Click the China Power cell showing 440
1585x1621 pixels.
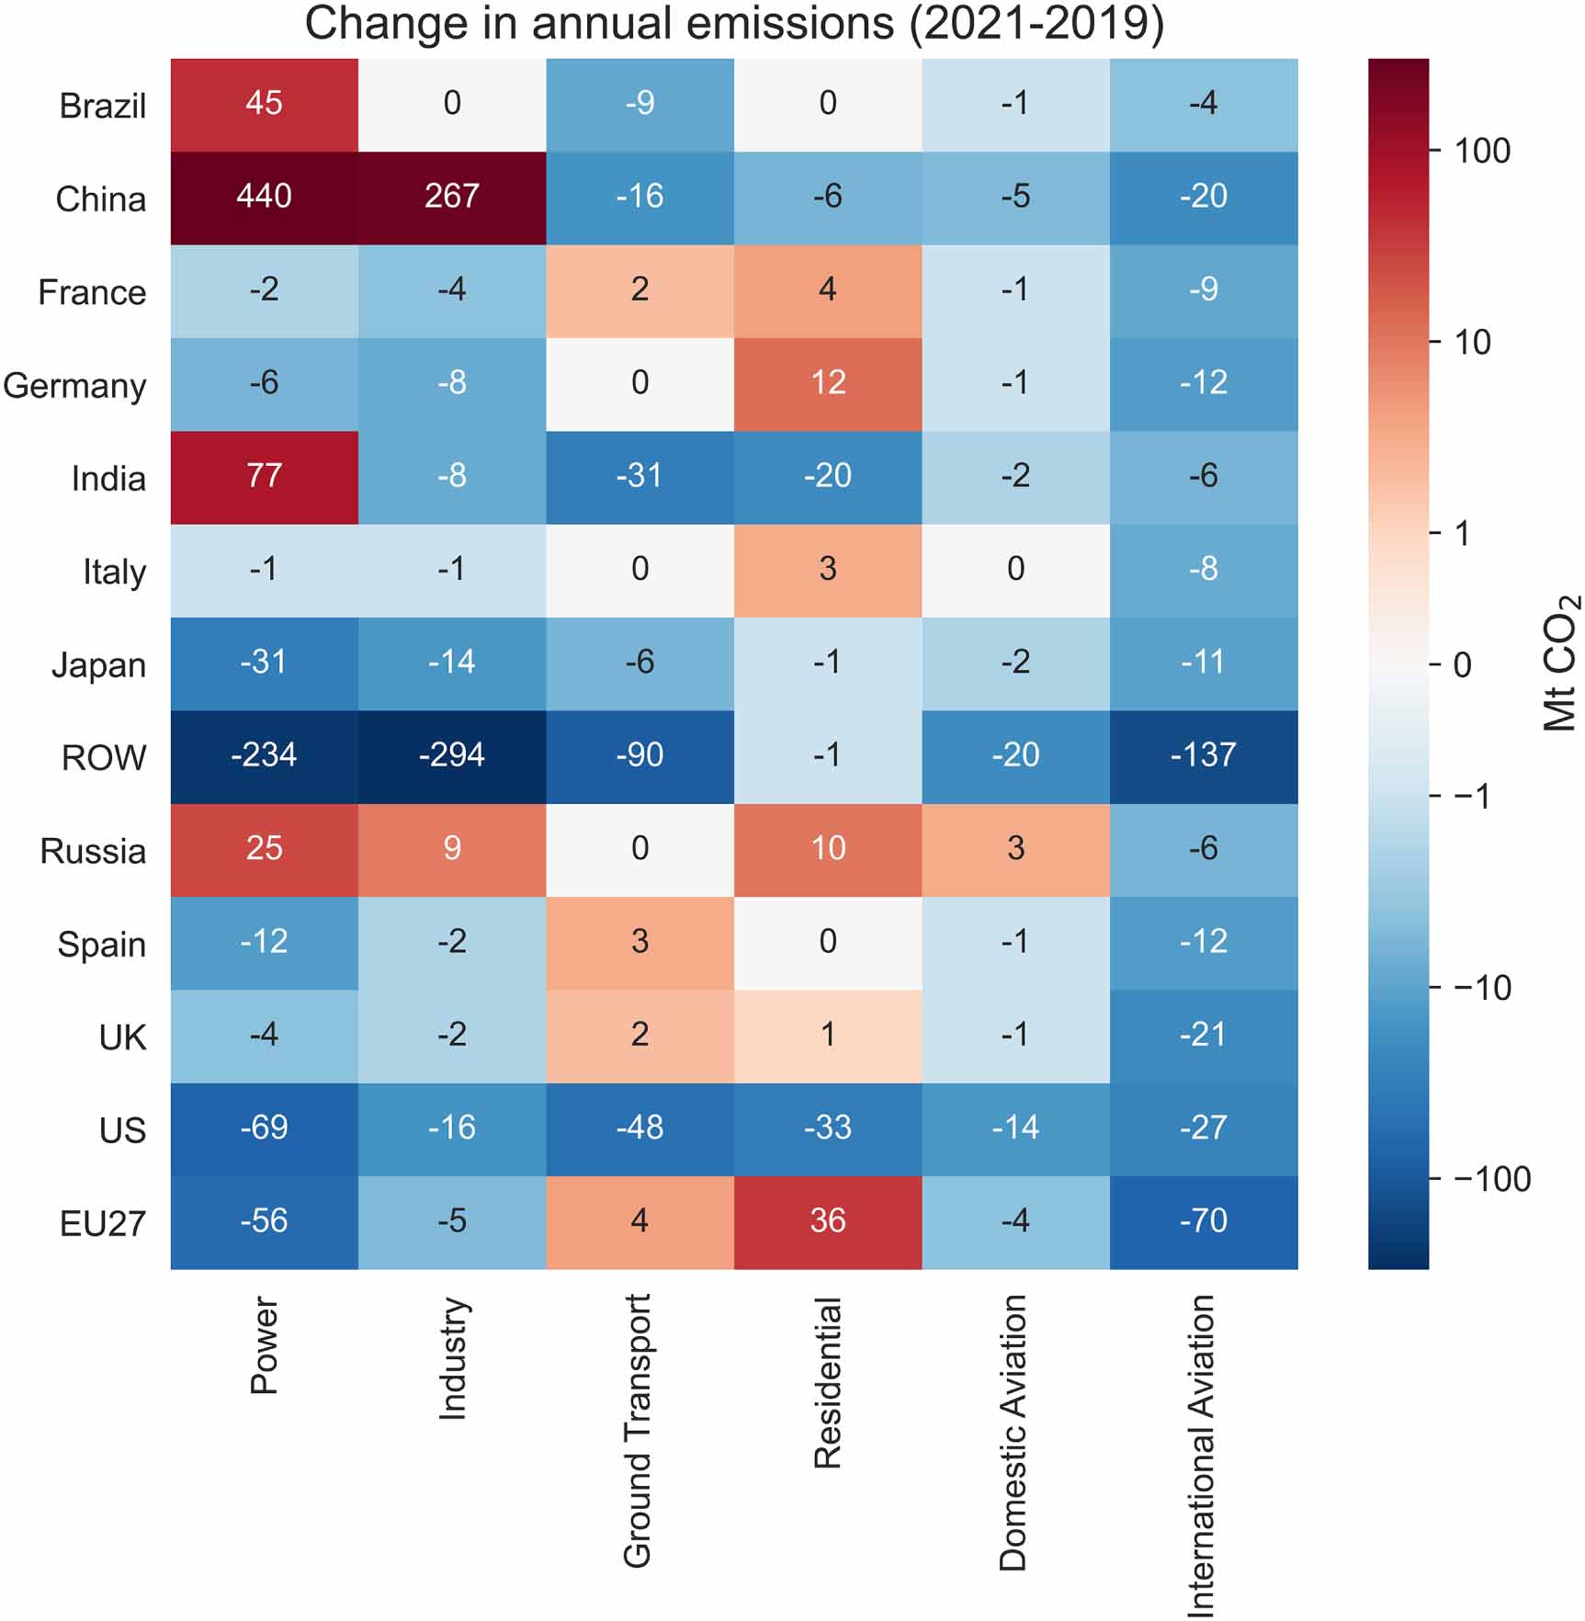[264, 198]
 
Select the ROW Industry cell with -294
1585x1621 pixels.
[451, 756]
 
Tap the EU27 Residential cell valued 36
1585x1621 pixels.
[827, 1221]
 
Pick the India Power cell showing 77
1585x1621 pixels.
[264, 477]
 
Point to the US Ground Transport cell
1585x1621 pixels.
[640, 1128]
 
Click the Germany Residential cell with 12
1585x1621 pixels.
[827, 383]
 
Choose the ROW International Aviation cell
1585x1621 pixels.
[1203, 756]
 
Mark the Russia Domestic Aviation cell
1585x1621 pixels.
[1015, 849]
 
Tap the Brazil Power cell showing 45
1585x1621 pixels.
[264, 104]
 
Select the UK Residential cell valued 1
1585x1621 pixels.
[827, 1036]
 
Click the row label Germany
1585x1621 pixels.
[74, 386]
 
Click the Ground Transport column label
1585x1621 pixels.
[638, 1430]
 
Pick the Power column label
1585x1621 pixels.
[264, 1345]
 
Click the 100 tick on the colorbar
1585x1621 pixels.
[1481, 152]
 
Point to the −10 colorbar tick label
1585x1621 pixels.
[1481, 989]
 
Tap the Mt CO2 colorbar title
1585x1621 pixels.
[1559, 663]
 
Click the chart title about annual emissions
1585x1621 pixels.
[734, 24]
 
